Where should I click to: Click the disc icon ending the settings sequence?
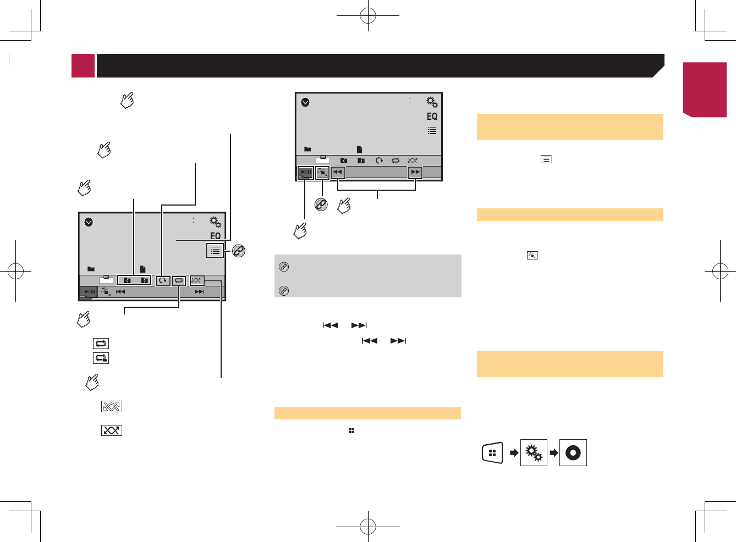point(573,453)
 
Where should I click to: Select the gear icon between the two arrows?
point(534,453)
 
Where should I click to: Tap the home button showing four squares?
point(492,453)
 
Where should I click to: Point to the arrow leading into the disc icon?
point(553,453)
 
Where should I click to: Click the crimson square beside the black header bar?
point(83,65)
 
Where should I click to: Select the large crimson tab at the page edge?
point(705,89)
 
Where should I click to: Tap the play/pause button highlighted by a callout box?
point(306,173)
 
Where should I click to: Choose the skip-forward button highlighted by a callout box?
point(415,172)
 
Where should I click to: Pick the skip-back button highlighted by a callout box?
point(337,172)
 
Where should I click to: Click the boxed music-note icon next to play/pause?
point(322,173)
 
